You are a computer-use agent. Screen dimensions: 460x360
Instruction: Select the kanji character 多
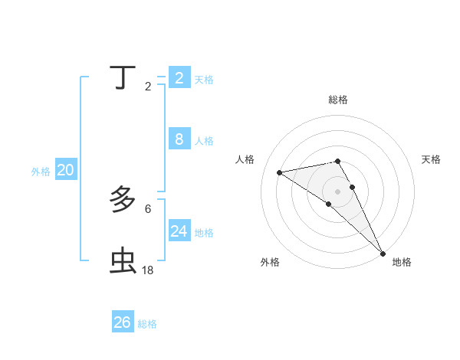click(123, 200)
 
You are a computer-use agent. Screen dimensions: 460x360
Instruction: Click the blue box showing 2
click(179, 78)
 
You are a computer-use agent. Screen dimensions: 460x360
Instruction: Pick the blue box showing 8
click(179, 139)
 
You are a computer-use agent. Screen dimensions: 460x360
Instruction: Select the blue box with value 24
click(179, 231)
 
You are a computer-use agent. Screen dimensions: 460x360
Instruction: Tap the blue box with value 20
click(65, 170)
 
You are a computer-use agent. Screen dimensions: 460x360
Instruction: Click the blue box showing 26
click(123, 322)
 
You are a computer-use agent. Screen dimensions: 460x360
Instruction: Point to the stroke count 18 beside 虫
click(148, 270)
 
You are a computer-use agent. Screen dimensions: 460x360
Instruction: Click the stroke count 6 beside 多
click(148, 208)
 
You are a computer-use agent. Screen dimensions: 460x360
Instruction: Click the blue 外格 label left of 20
click(41, 172)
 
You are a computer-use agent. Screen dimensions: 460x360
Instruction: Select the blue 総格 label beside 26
click(147, 324)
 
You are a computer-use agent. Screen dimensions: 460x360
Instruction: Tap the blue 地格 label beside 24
click(204, 233)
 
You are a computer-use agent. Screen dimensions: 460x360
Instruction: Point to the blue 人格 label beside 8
click(204, 141)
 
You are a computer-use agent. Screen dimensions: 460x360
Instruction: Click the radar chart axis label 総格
click(338, 100)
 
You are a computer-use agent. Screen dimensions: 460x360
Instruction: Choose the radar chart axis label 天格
click(431, 159)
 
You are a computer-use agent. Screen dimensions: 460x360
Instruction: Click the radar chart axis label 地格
click(402, 262)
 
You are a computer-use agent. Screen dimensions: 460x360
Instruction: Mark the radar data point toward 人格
click(280, 172)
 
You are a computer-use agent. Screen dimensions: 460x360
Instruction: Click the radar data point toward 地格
click(383, 254)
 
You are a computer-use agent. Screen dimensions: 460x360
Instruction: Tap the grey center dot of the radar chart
click(337, 191)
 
